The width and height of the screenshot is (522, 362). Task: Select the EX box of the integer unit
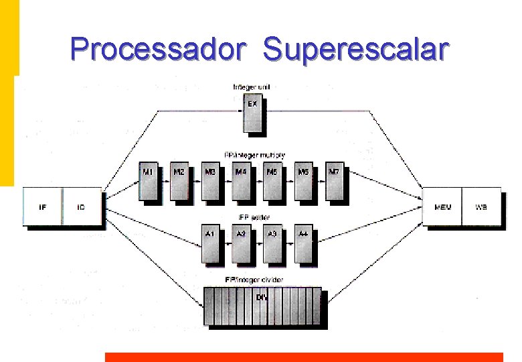pos(252,115)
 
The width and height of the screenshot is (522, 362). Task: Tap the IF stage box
pos(42,206)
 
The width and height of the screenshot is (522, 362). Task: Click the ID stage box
pos(82,206)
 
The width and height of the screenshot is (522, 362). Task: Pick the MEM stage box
pos(443,206)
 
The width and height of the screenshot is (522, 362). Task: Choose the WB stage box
pos(482,206)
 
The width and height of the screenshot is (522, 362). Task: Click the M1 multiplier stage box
pos(149,180)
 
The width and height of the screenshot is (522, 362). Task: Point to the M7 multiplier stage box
pos(335,180)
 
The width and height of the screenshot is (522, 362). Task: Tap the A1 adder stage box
pos(211,243)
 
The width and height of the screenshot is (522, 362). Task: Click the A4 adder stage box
pos(304,243)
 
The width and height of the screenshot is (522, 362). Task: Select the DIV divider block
pos(262,305)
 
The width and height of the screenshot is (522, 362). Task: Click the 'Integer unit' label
pos(252,87)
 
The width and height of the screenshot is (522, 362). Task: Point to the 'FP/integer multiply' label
pos(254,155)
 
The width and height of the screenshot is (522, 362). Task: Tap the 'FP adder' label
pos(253,218)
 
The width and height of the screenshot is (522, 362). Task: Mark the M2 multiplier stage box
pos(179,180)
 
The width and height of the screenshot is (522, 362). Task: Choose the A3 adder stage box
pos(272,243)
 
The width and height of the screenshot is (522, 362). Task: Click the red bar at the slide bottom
pos(304,357)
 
